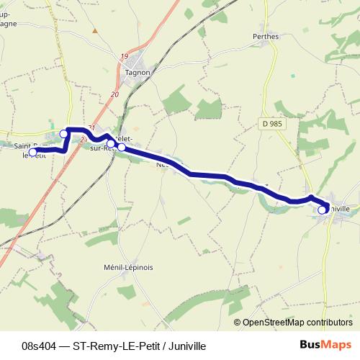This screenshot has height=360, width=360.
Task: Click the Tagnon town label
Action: (x=137, y=72)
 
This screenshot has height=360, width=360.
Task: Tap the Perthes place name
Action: (x=265, y=35)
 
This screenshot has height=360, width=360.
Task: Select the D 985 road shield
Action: (x=271, y=125)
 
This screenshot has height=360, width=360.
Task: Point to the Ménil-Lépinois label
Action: (x=130, y=266)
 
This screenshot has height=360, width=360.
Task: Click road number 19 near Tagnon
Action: (x=125, y=56)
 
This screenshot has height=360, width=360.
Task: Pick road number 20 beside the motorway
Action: (x=114, y=94)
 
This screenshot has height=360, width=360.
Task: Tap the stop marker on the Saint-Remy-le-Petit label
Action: (x=32, y=152)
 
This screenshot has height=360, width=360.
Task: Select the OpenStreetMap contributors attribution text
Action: (x=297, y=323)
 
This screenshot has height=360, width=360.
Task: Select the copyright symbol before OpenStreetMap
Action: (x=238, y=323)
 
